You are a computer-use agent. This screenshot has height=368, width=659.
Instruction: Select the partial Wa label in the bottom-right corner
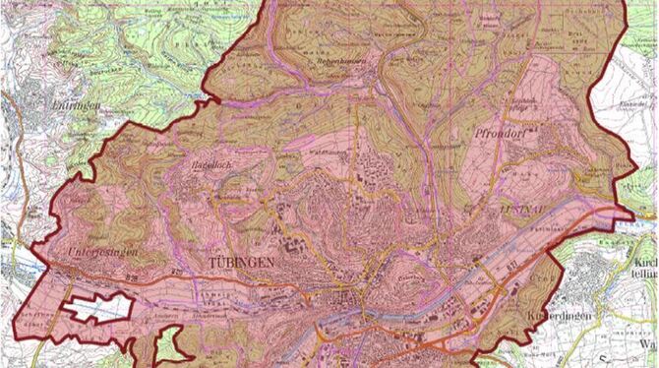coord(649,346)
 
